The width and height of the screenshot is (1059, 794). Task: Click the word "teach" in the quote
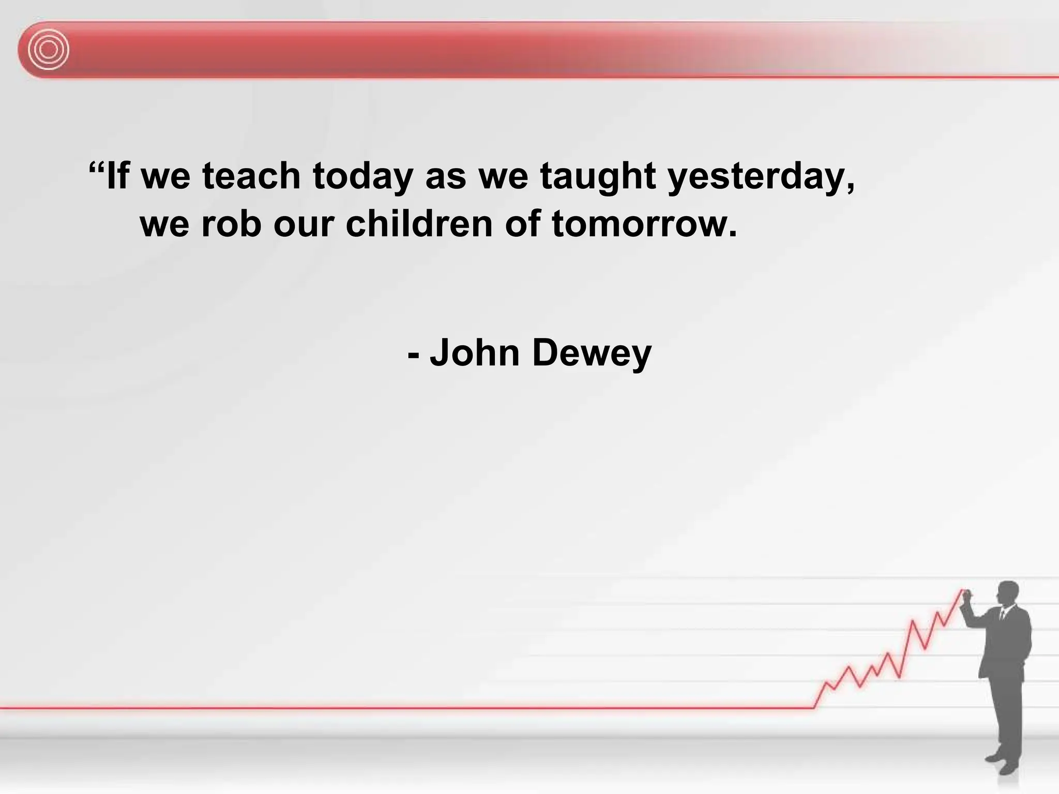coord(251,176)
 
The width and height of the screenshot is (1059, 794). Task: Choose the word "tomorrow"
coord(644,225)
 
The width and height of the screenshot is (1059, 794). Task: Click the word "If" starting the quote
coord(117,176)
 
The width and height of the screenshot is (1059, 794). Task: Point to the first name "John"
coord(475,353)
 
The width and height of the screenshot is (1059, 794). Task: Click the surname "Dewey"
coord(592,354)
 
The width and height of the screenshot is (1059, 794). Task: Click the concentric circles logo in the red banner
coord(48,50)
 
